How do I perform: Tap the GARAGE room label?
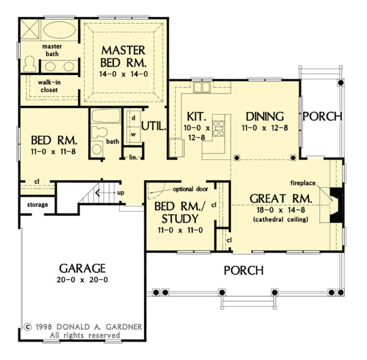coord(82,268)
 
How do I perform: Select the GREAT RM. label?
coord(281,198)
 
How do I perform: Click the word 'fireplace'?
coord(304,183)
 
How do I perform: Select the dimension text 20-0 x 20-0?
coord(82,280)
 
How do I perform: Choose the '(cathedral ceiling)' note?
coord(281,219)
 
